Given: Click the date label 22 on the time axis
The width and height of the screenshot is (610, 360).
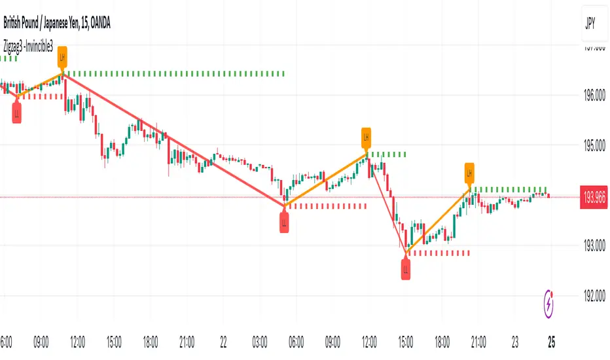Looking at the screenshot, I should tap(223, 341).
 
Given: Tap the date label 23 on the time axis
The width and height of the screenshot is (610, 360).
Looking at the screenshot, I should tap(515, 341).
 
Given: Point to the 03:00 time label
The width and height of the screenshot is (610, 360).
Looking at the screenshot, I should tap(260, 341).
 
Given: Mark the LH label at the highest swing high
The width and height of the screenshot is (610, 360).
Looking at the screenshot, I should tap(62, 57).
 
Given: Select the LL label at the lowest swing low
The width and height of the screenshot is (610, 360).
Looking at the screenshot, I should tap(406, 268).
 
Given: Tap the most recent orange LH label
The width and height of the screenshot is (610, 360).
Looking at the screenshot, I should tap(469, 173).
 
